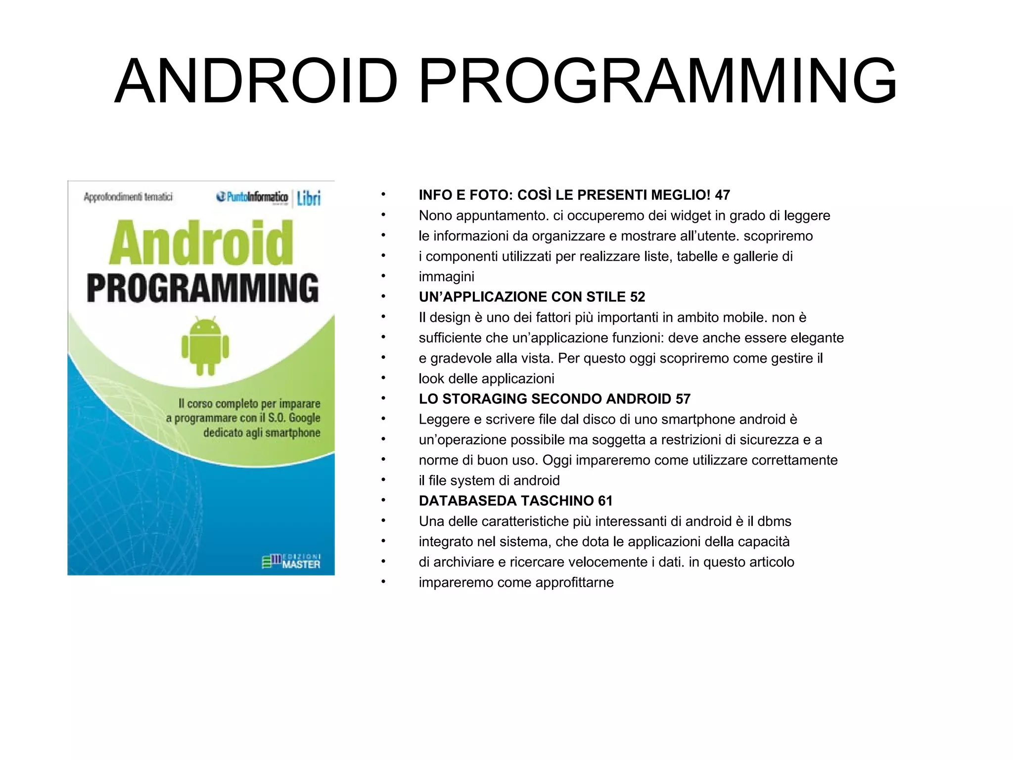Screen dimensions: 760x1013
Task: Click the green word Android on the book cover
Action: pyautogui.click(x=201, y=243)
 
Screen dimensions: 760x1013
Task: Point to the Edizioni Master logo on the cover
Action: pyautogui.click(x=291, y=561)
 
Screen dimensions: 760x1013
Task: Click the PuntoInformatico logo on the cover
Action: pyautogui.click(x=252, y=197)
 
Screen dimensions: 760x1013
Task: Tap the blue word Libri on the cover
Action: pyautogui.click(x=309, y=198)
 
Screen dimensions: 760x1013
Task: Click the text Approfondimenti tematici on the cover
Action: pyautogui.click(x=128, y=197)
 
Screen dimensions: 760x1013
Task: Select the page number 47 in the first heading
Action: pyautogui.click(x=722, y=195)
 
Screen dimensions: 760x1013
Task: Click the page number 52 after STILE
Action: pyautogui.click(x=638, y=297)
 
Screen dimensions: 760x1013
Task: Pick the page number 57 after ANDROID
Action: pyautogui.click(x=683, y=399)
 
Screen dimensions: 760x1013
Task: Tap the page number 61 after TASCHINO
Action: pyautogui.click(x=605, y=501)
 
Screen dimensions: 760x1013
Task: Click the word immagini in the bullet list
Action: pyautogui.click(x=446, y=277)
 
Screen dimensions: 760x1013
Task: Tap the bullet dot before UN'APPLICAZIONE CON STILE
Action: pyautogui.click(x=383, y=297)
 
